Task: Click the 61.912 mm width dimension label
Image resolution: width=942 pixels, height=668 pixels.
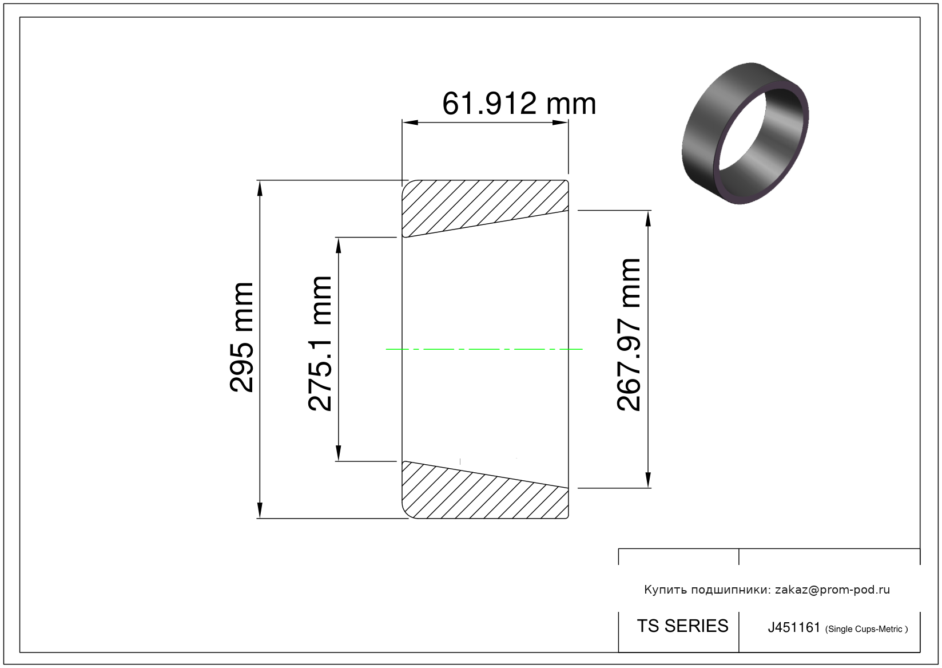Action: click(x=519, y=104)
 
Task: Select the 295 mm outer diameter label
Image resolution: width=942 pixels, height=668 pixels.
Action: click(x=241, y=338)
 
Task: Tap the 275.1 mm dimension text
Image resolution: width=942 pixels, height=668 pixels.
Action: click(x=320, y=343)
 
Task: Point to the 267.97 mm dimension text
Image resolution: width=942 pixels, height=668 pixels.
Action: click(x=628, y=335)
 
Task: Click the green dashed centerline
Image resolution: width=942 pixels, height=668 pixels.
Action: click(x=484, y=349)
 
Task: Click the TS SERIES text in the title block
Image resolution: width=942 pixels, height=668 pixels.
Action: click(x=682, y=626)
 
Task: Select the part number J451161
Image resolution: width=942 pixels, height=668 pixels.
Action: click(x=794, y=627)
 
